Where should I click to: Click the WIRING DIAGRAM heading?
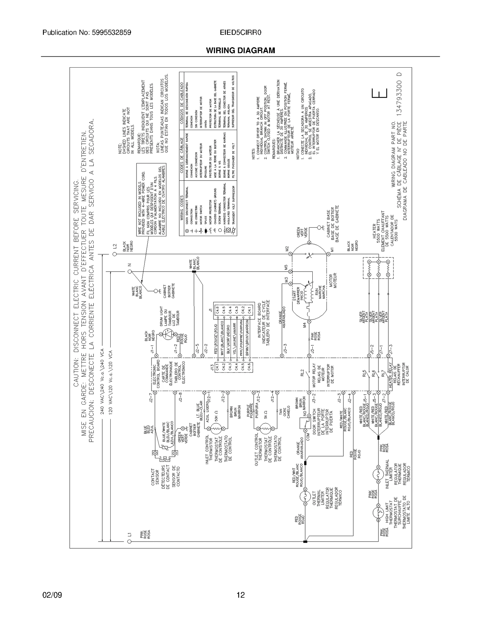(x=240, y=50)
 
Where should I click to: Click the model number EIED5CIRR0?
(x=240, y=32)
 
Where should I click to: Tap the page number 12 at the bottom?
(x=240, y=595)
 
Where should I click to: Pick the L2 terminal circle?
(x=115, y=254)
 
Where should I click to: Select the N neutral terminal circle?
(x=130, y=272)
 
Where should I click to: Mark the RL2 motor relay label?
(x=302, y=372)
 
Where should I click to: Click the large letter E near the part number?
(x=380, y=94)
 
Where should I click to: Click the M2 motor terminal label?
(x=287, y=248)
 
